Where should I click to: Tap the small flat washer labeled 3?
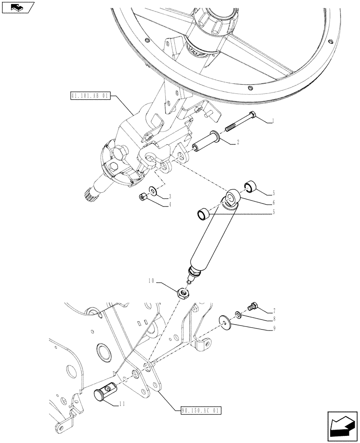[x=153, y=190]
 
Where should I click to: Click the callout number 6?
[x=274, y=202]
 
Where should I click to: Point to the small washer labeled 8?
[x=239, y=314]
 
